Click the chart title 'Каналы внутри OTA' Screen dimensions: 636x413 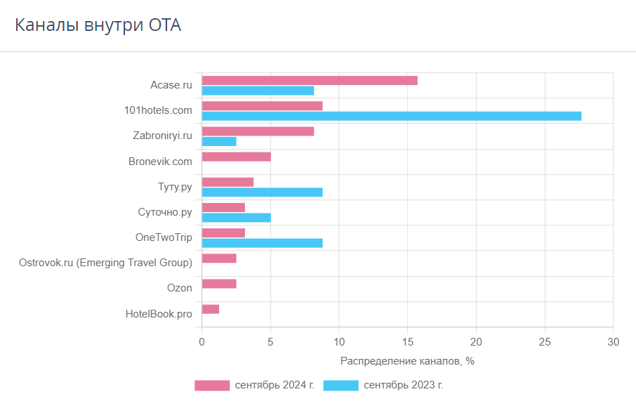[98, 25]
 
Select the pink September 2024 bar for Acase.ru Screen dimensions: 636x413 [310, 80]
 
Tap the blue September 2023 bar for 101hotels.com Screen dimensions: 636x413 [392, 116]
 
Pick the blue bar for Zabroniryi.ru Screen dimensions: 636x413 [219, 142]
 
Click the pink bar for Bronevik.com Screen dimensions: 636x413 [237, 157]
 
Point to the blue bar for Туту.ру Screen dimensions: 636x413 [263, 192]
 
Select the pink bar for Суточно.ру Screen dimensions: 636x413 [223, 207]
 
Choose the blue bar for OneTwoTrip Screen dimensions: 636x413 [263, 243]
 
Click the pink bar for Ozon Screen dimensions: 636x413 [219, 284]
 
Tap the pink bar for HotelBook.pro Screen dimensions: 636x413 [211, 309]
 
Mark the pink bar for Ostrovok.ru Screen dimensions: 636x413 [219, 258]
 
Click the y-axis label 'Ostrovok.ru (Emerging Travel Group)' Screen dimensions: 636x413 [105, 263]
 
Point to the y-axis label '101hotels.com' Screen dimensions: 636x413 [158, 110]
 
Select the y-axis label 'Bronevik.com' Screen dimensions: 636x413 [160, 162]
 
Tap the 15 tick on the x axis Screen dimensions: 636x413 [408, 342]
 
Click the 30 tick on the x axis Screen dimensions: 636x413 [614, 342]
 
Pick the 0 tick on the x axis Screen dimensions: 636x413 [202, 342]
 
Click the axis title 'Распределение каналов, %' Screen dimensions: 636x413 [407, 361]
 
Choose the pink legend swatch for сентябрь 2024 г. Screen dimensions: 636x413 [212, 386]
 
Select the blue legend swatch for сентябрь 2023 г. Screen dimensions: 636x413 [341, 386]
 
